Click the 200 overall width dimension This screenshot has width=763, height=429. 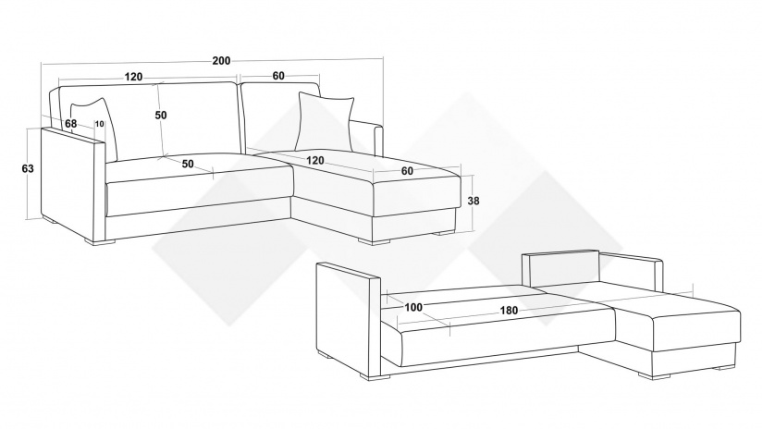[x=221, y=61]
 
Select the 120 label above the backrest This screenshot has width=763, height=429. [x=133, y=77]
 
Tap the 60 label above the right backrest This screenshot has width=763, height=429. [x=278, y=76]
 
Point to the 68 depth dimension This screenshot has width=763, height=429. [x=71, y=124]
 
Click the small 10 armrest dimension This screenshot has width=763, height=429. [x=99, y=124]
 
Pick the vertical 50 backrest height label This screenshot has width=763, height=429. [x=161, y=116]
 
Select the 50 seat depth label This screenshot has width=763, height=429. [x=188, y=164]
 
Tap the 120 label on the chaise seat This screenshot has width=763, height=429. [x=315, y=161]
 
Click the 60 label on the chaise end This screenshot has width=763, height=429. [x=407, y=171]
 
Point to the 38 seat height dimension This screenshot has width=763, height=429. [x=473, y=201]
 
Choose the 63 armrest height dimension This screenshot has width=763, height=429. [x=28, y=169]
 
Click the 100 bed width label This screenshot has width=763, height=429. [x=413, y=307]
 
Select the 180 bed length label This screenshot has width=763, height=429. [x=509, y=311]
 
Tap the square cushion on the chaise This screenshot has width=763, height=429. [x=325, y=122]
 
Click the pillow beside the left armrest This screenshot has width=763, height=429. [x=95, y=128]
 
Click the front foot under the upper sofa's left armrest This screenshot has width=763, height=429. [x=100, y=241]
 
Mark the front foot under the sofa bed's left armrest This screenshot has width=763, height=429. [x=375, y=376]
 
